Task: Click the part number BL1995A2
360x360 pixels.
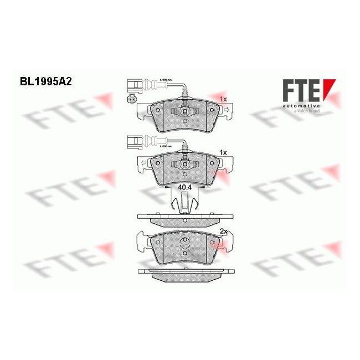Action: click(45, 80)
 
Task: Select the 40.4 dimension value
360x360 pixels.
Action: click(185, 188)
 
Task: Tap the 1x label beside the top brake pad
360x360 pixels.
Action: click(223, 99)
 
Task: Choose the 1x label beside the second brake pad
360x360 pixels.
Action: click(224, 151)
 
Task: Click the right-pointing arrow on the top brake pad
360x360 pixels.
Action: click(228, 111)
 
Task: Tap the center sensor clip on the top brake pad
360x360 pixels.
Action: click(183, 112)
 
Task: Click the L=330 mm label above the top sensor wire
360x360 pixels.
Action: click(166, 80)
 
